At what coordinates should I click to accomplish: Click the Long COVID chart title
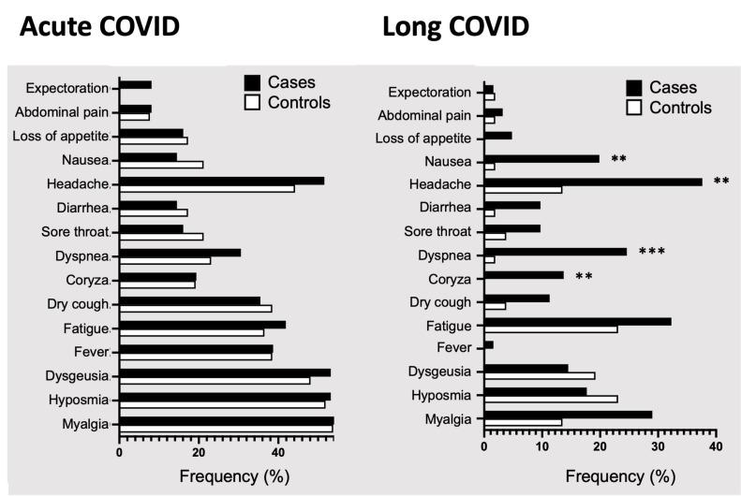coord(455,27)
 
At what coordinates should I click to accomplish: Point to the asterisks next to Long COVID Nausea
coord(618,159)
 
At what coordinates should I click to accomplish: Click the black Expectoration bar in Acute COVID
coord(135,84)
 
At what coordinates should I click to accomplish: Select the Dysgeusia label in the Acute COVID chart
coord(77,376)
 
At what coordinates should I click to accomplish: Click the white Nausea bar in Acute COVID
coord(160,165)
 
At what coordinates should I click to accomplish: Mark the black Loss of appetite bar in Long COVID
coord(497,135)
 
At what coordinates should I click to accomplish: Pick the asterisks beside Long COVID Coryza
coord(584,276)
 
